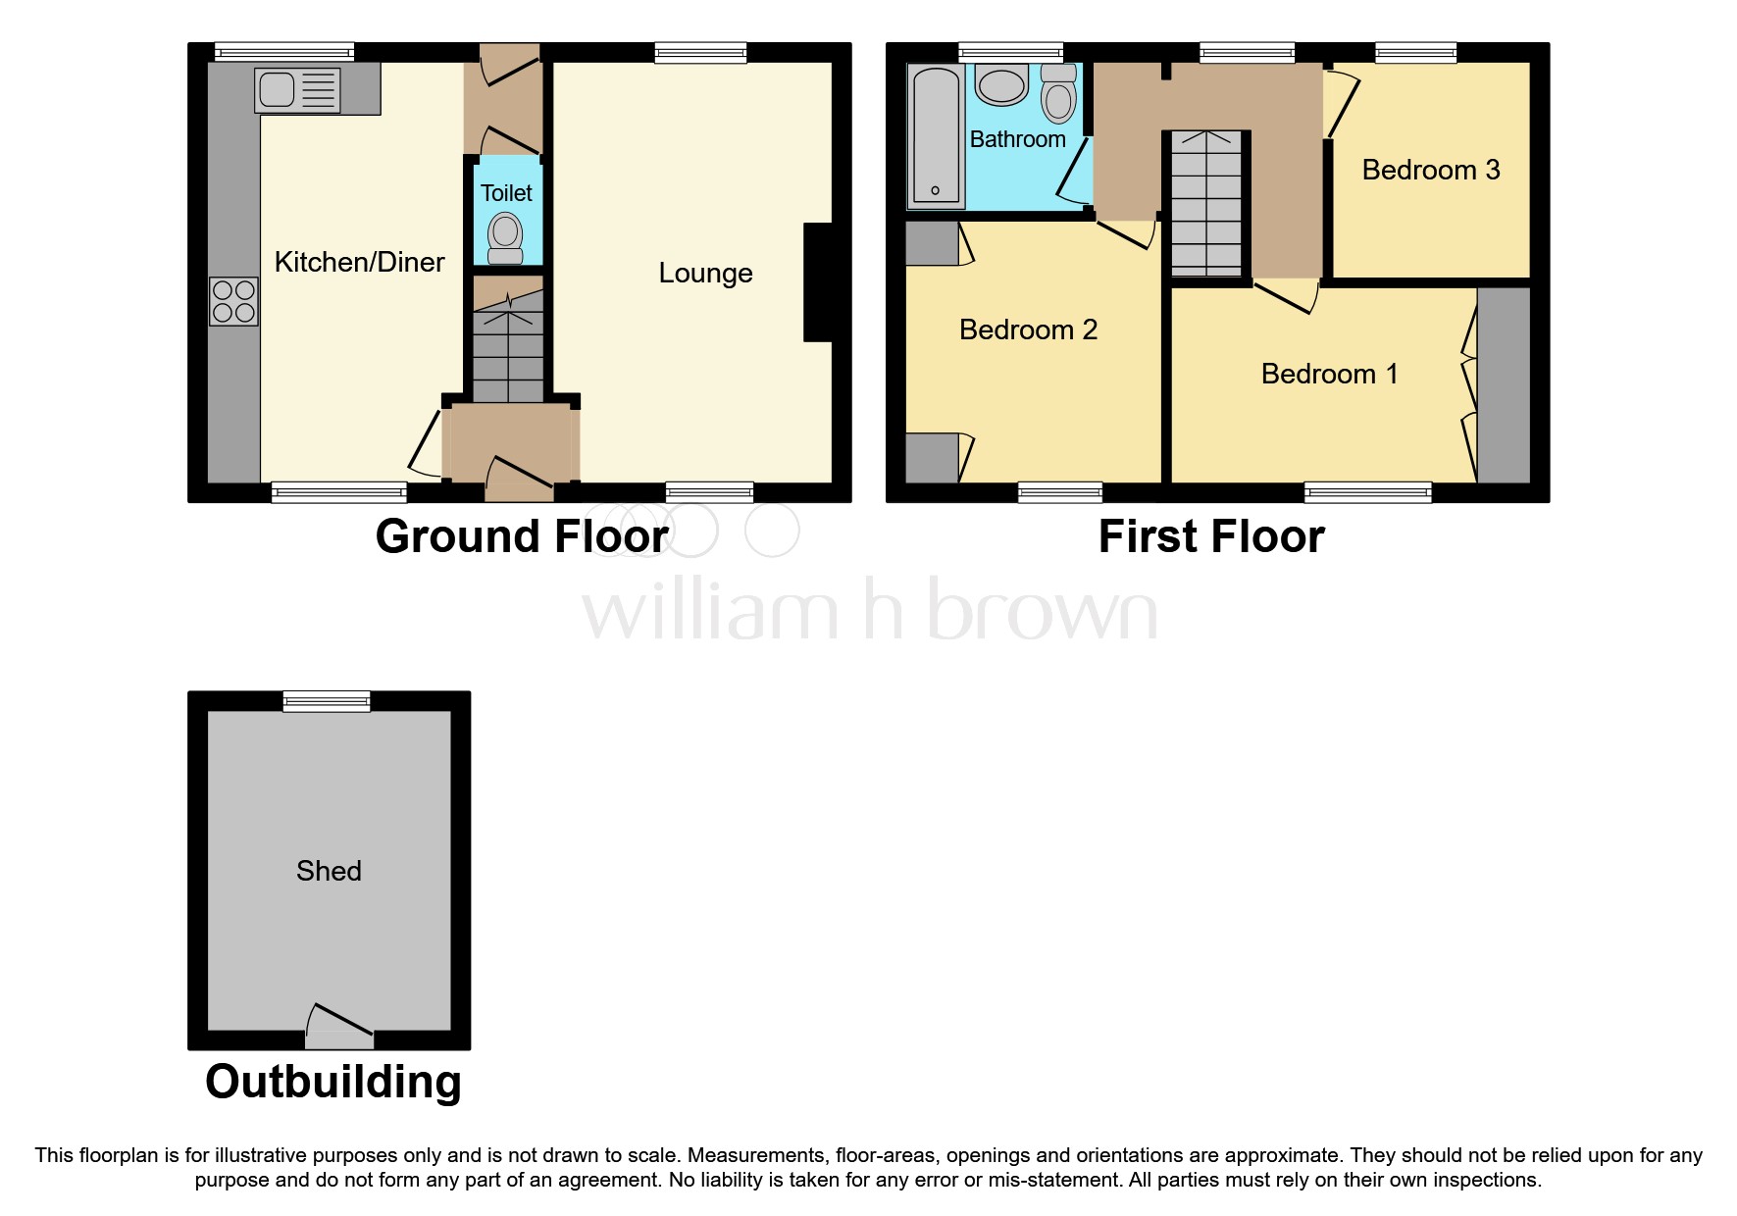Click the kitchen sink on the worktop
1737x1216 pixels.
click(x=298, y=90)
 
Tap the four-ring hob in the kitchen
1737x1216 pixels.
click(x=233, y=301)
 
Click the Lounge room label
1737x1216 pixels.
click(x=705, y=273)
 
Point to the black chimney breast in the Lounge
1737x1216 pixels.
click(x=817, y=282)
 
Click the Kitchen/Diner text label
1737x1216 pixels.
click(x=359, y=262)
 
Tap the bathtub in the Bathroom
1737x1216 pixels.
click(x=935, y=134)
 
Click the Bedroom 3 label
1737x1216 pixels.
click(x=1430, y=170)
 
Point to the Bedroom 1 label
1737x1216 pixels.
click(x=1329, y=374)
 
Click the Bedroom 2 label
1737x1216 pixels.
click(x=1028, y=329)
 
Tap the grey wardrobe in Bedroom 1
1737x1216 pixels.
click(x=1503, y=383)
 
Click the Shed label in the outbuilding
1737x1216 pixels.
click(x=329, y=871)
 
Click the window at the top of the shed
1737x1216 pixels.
click(x=327, y=700)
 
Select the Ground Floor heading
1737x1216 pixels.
click(x=522, y=536)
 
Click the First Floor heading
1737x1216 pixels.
click(x=1211, y=536)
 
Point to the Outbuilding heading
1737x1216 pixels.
click(x=333, y=1082)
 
